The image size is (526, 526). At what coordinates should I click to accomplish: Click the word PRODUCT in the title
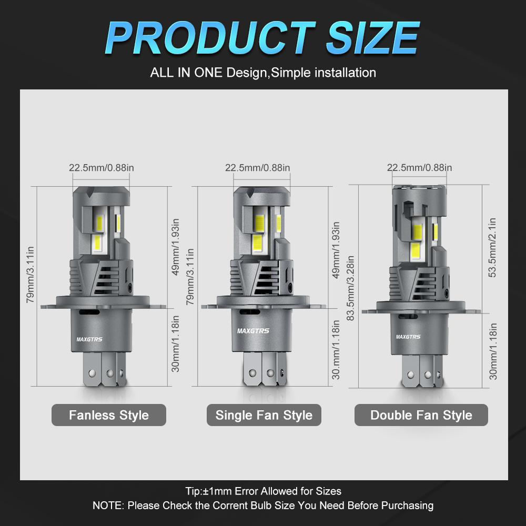click(211, 37)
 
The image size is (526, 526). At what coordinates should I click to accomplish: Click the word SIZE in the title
click(372, 37)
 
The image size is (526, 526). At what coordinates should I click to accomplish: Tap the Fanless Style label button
click(109, 415)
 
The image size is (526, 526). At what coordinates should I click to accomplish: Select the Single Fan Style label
click(264, 415)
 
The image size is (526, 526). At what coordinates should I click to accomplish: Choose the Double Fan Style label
click(421, 415)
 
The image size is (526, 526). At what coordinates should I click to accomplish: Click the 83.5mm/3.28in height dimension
click(350, 288)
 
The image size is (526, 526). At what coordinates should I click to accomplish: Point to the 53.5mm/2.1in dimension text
click(492, 248)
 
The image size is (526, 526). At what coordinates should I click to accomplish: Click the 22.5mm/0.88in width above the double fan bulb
click(419, 167)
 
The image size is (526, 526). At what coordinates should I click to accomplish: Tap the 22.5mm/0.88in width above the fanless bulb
click(102, 167)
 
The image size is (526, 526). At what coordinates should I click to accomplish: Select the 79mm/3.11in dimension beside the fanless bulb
click(30, 275)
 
